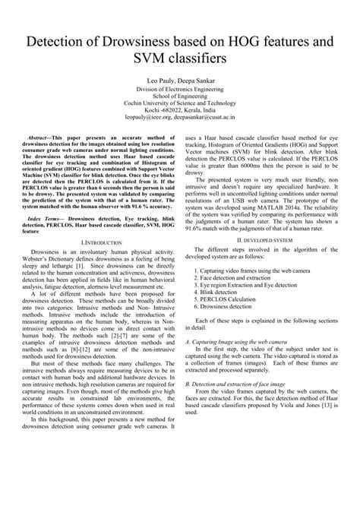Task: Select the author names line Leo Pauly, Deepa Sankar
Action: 179,78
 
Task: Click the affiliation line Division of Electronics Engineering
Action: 179,89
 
